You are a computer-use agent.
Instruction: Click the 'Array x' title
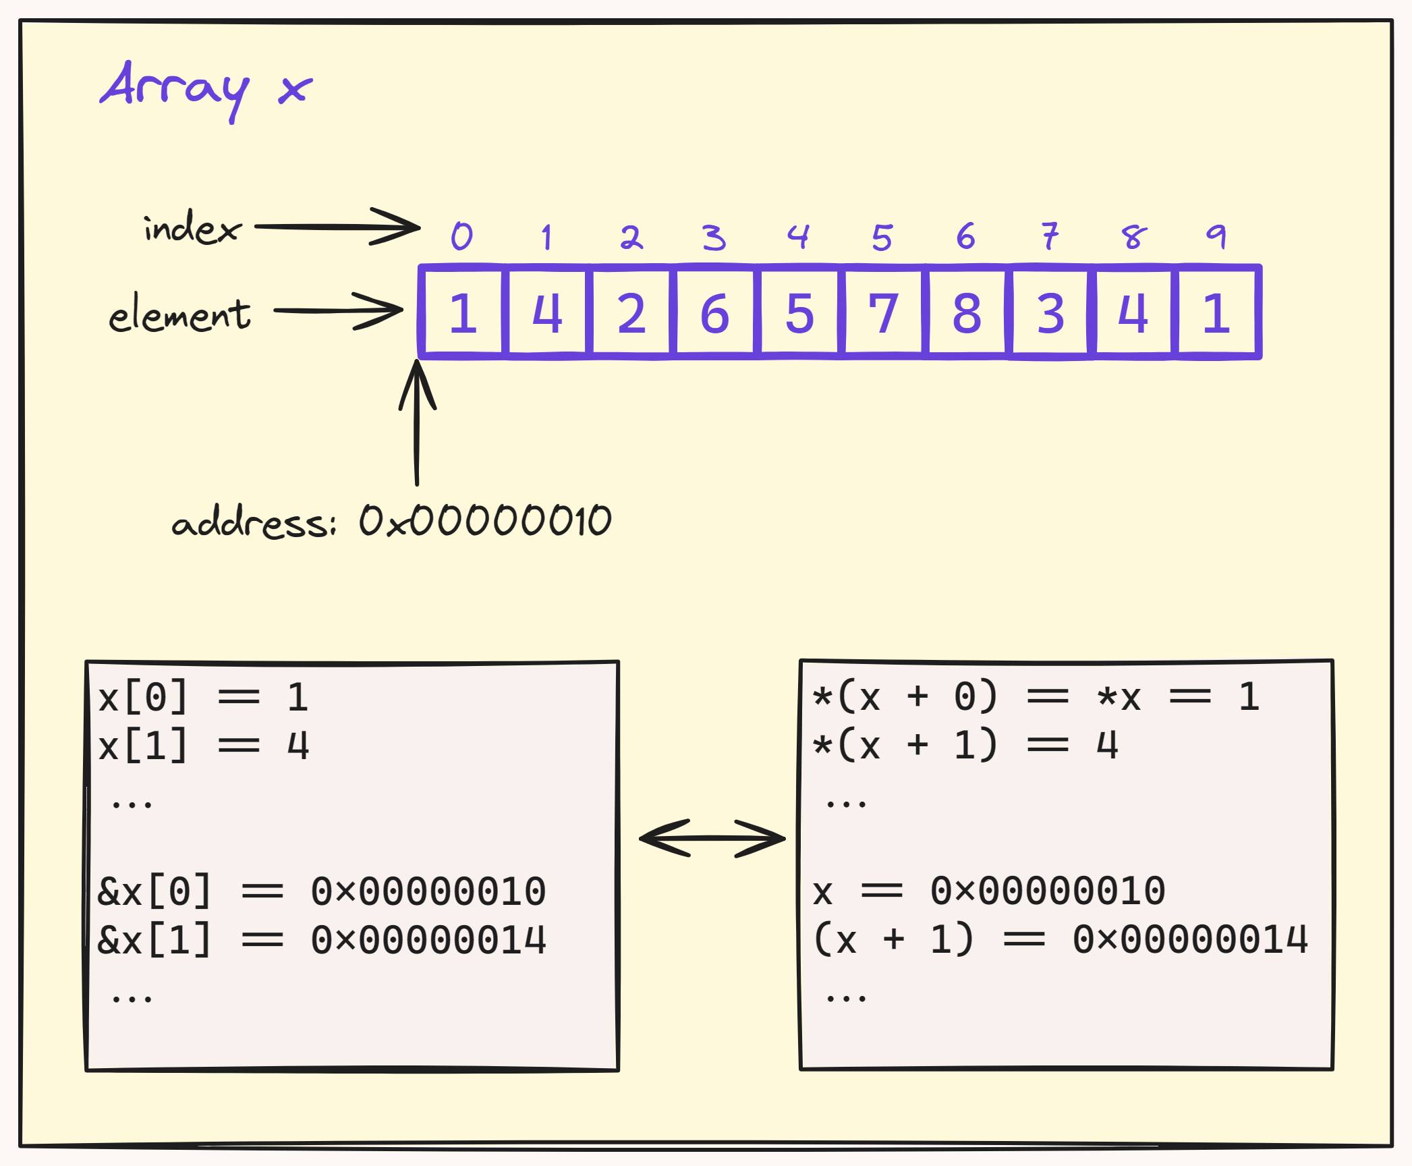206,89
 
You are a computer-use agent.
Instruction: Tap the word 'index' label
192,227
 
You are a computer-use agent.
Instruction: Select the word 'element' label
179,314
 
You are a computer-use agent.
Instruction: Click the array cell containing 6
714,313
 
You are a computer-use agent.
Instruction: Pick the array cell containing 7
882,313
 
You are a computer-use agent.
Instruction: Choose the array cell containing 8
966,313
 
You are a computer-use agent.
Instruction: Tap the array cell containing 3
1050,313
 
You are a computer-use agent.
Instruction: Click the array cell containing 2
631,313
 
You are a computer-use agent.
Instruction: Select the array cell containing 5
799,313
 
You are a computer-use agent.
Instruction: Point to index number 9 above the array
1216,236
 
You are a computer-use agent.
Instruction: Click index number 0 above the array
462,236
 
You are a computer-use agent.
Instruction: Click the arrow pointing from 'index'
337,227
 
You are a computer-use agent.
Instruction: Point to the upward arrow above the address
417,422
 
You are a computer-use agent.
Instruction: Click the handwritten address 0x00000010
484,521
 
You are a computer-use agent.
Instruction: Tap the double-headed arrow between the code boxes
712,838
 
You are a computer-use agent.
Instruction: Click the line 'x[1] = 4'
203,746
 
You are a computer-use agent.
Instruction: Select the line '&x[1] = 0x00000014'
321,940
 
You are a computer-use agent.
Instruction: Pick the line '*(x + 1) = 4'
965,746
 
